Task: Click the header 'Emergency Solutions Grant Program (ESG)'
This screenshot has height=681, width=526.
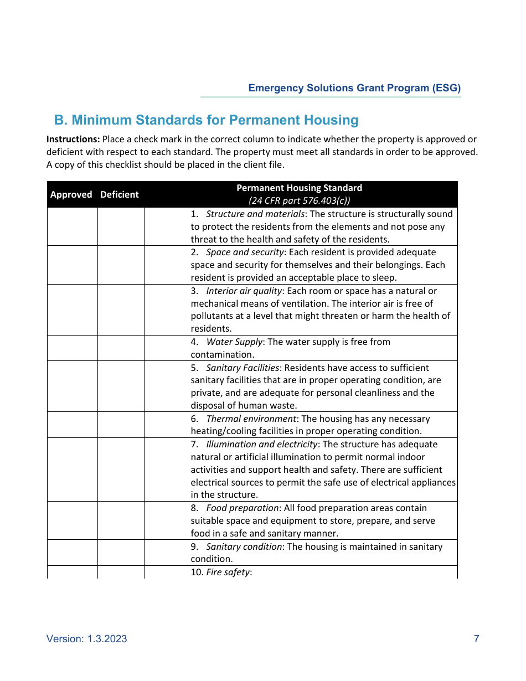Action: tap(354, 88)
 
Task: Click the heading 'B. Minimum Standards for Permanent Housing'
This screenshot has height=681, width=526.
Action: tap(206, 120)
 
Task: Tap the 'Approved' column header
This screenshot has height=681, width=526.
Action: tap(71, 194)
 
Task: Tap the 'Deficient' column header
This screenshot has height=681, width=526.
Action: tap(120, 194)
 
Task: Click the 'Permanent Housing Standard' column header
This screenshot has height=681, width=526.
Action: tap(299, 188)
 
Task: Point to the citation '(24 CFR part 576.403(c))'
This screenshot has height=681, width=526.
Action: tap(299, 200)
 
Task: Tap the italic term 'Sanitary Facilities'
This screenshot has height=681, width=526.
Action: tap(243, 368)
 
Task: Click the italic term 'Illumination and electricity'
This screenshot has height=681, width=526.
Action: tap(262, 445)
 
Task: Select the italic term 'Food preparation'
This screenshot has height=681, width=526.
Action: tap(243, 508)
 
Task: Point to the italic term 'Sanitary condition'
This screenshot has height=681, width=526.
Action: tap(244, 547)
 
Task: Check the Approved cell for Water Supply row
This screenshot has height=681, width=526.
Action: tap(72, 348)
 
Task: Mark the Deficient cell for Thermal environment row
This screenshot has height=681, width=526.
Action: tap(121, 425)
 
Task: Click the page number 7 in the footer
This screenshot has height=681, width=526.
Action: tap(476, 639)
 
